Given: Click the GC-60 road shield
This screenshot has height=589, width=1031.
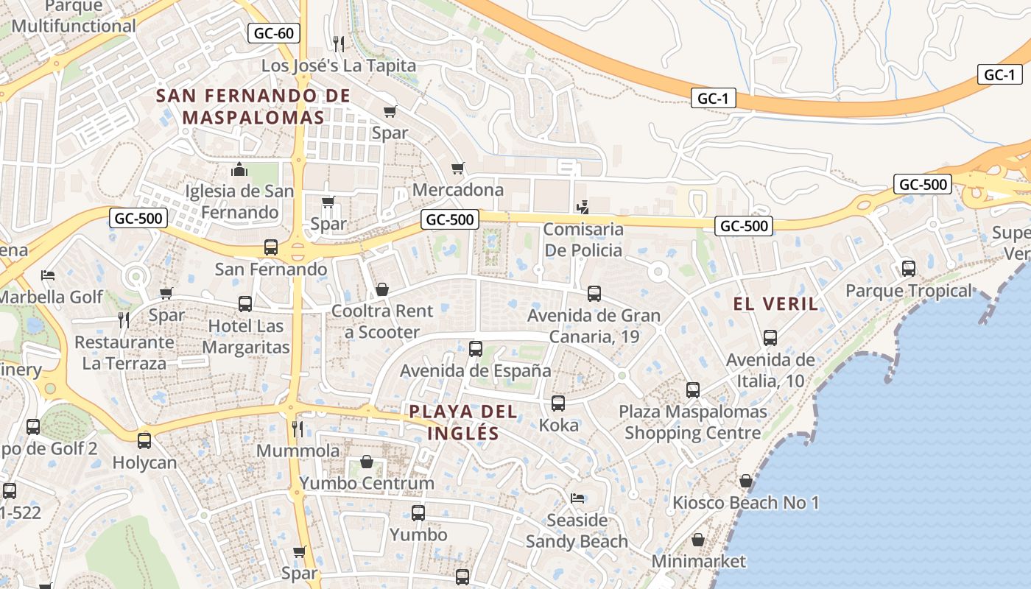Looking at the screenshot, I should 274,32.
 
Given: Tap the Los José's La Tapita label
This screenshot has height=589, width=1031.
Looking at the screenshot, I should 339,66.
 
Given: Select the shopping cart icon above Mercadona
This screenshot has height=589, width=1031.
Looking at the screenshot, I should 458,169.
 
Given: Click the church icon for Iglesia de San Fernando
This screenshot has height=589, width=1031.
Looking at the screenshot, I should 239,170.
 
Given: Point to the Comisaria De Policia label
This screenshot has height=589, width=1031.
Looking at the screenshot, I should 583,239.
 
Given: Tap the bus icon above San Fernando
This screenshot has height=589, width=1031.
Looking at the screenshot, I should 271,247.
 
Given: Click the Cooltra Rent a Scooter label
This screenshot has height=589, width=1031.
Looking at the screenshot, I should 382,322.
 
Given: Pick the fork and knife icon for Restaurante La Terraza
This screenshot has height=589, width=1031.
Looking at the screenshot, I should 124,320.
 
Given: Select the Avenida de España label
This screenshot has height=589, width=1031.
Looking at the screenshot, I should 475,370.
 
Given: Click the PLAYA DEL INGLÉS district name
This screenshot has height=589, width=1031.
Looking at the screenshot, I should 463,422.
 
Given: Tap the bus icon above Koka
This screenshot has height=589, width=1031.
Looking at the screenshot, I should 558,403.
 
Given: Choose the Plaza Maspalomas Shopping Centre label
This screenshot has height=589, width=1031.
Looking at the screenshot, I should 692,422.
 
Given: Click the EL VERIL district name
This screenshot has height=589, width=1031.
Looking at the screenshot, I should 775,303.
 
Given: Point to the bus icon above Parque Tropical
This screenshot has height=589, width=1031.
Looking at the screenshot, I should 909,269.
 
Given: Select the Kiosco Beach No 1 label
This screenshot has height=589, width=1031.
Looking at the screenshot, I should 745,503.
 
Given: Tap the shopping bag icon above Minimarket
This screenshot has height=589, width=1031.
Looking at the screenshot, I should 698,540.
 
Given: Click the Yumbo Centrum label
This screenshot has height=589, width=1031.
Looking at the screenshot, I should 366,483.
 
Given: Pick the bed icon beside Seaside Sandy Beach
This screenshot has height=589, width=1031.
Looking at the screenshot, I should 577,499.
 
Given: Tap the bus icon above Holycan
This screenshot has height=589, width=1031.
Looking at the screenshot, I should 144,441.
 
